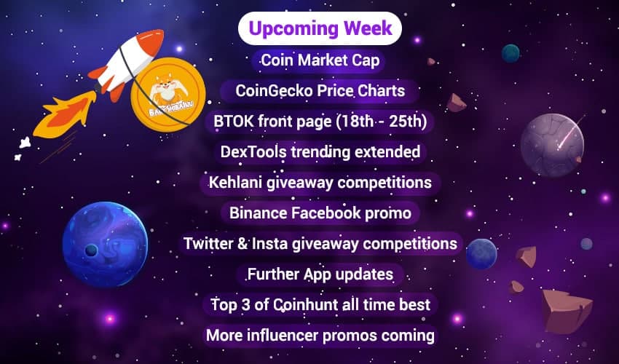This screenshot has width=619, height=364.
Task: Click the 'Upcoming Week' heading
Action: click(x=320, y=28)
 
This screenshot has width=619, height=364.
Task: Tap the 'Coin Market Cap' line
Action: click(x=320, y=60)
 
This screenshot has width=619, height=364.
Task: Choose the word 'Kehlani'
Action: click(x=235, y=182)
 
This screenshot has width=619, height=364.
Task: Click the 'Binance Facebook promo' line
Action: click(x=320, y=213)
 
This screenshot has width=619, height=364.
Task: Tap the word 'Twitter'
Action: click(x=209, y=243)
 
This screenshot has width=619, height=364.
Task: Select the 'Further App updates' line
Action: click(x=320, y=274)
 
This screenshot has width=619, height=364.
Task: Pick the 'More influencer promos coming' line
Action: click(x=320, y=335)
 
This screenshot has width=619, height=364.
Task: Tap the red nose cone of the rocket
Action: click(x=153, y=41)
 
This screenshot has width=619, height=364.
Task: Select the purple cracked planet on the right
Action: click(x=552, y=145)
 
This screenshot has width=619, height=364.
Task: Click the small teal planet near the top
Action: click(x=510, y=53)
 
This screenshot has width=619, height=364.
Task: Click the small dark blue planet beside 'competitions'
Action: click(x=481, y=254)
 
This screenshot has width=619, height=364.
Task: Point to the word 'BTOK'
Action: click(x=231, y=122)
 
